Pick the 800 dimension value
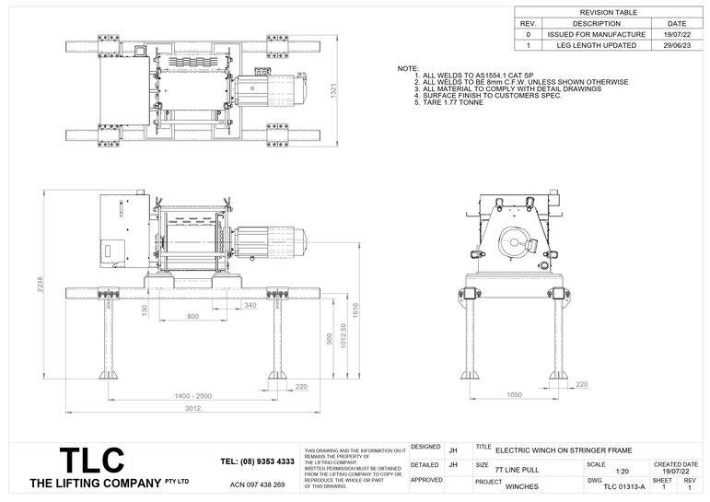pos(192,316)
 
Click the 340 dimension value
pos(250,304)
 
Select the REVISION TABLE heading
pos(609,12)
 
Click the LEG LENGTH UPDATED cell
pos(596,44)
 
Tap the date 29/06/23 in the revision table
pos(676,44)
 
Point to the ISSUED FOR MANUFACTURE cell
pos(596,34)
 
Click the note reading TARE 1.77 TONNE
pos(452,101)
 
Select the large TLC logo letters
pos(91,461)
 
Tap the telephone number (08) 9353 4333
pos(258,461)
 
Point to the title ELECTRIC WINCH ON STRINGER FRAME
pos(564,450)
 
